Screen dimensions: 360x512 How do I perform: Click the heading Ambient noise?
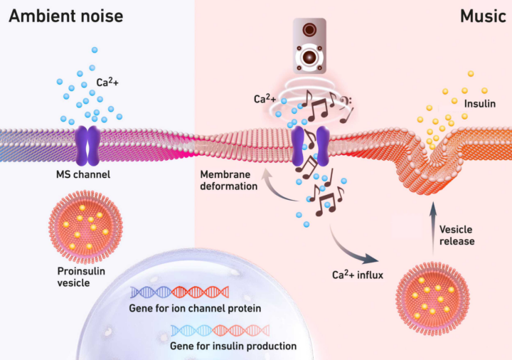[65, 16]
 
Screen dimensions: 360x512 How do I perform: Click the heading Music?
[481, 16]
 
